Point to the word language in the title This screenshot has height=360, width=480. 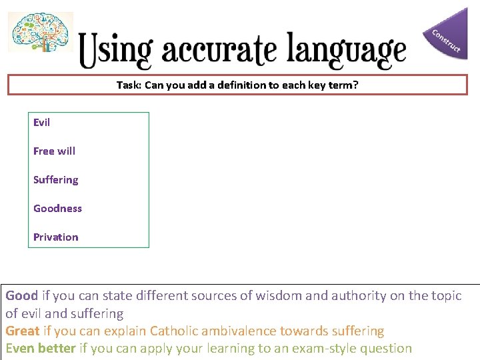[x=347, y=51]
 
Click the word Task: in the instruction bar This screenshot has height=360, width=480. [x=128, y=85]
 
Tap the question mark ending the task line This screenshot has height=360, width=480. [x=355, y=85]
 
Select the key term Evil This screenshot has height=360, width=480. [x=41, y=122]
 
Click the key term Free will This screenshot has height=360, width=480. [x=54, y=151]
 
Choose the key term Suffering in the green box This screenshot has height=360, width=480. [x=55, y=180]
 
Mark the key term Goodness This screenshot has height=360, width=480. [x=57, y=209]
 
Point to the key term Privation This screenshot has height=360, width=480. [x=55, y=237]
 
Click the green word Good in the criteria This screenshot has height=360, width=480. [x=22, y=295]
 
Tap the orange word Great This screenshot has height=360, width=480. [x=23, y=331]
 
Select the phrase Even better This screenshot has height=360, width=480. [x=40, y=348]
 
